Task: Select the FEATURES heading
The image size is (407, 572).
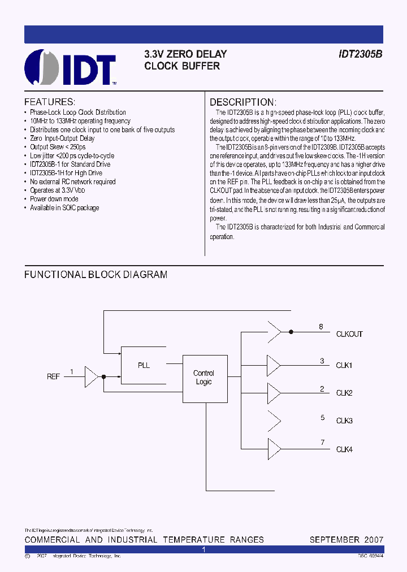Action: [x=50, y=102]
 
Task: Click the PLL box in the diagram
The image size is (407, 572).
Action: [x=144, y=365]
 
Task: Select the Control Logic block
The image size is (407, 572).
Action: [x=203, y=378]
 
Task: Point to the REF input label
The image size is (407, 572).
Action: [x=53, y=376]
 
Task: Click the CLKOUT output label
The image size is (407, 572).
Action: [x=349, y=334]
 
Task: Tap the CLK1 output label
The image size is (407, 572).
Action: [x=344, y=365]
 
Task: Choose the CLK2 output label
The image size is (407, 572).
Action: [x=344, y=393]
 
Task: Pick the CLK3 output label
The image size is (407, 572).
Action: [x=344, y=421]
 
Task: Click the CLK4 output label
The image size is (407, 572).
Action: [x=344, y=449]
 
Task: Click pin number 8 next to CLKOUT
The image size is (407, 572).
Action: [x=321, y=327]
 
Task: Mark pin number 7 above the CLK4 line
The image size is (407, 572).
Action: [x=322, y=442]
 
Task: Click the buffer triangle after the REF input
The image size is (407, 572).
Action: [x=91, y=376]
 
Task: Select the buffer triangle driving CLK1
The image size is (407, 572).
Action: [x=274, y=365]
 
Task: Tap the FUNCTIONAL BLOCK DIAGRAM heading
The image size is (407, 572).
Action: [x=96, y=275]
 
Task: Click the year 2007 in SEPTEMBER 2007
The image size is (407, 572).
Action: [x=374, y=540]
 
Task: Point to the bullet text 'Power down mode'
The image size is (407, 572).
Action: [x=54, y=199]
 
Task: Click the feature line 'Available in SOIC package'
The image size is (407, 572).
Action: [x=64, y=208]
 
